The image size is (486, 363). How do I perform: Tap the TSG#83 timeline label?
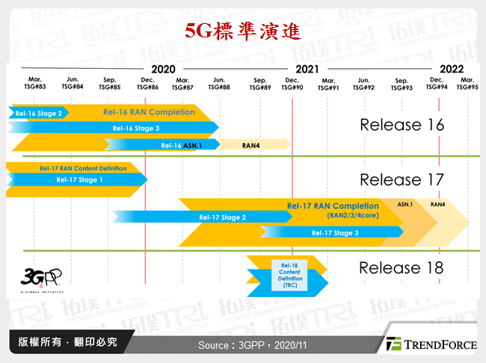click(35, 84)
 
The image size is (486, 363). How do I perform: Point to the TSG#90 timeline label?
click(292, 84)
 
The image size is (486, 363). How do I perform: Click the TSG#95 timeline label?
click(467, 84)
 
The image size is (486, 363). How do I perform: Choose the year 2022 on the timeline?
click(451, 69)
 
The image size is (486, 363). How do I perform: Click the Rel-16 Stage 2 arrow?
click(38, 113)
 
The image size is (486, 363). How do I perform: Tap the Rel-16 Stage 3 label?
click(136, 128)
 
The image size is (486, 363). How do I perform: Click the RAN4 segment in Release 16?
click(250, 144)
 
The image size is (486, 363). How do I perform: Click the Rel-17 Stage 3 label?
click(336, 233)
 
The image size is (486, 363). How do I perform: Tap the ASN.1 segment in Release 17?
click(405, 203)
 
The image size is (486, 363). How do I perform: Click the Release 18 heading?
click(401, 268)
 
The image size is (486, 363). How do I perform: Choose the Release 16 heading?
click(402, 124)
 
